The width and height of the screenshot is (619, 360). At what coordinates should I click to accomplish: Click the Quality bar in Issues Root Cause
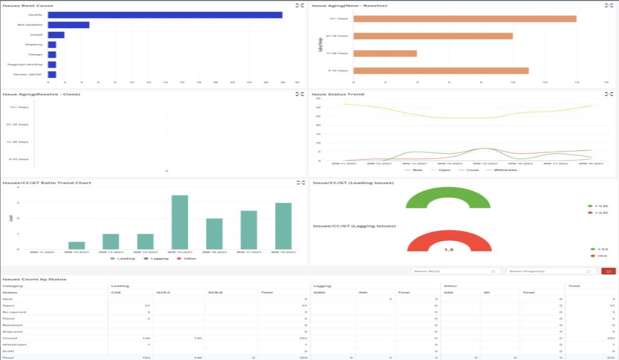pyautogui.click(x=165, y=15)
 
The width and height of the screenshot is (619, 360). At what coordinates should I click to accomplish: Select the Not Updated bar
pyautogui.click(x=68, y=24)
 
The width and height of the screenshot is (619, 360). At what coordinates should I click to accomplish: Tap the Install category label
pyautogui.click(x=36, y=35)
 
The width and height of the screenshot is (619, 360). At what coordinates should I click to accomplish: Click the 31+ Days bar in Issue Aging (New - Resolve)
pyautogui.click(x=465, y=19)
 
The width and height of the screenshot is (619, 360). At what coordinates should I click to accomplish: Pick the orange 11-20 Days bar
pyautogui.click(x=385, y=53)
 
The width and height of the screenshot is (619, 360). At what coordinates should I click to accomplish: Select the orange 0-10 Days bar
pyautogui.click(x=441, y=70)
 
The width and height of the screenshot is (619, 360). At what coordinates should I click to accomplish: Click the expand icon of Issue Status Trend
pyautogui.click(x=609, y=94)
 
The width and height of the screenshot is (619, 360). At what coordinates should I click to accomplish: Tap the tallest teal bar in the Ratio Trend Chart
pyautogui.click(x=179, y=222)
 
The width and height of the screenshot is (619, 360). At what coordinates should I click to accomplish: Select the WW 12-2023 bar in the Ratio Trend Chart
pyautogui.click(x=76, y=246)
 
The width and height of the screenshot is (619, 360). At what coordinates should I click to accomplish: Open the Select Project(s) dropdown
pyautogui.click(x=551, y=271)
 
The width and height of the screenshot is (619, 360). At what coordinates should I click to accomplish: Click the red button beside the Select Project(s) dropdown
pyautogui.click(x=608, y=271)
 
